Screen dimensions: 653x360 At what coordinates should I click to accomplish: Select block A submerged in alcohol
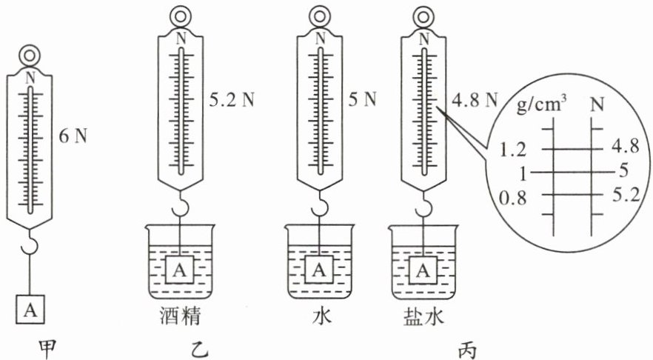[181, 270]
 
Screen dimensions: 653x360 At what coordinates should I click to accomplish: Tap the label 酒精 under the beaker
[181, 316]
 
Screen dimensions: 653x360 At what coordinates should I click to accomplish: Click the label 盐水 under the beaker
[424, 316]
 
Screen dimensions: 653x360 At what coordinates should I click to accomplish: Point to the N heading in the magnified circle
[595, 106]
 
